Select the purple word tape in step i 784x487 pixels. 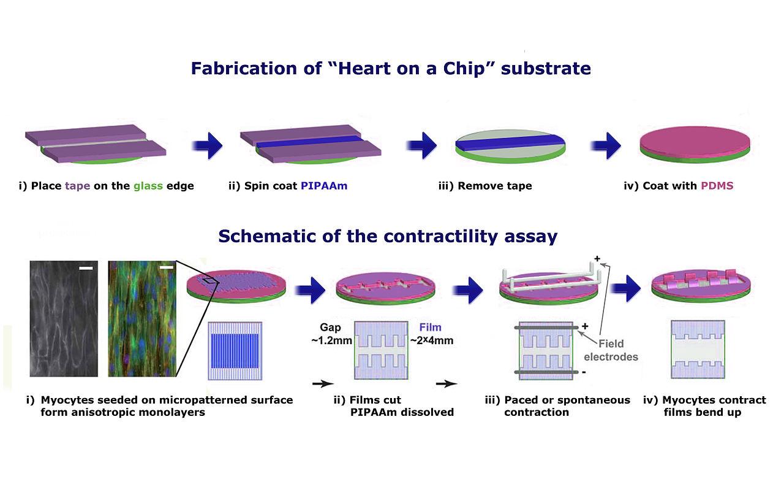click(77, 186)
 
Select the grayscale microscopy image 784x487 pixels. click(64, 318)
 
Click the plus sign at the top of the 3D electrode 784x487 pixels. click(597, 258)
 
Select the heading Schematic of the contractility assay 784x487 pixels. click(388, 236)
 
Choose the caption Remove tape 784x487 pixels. click(485, 186)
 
